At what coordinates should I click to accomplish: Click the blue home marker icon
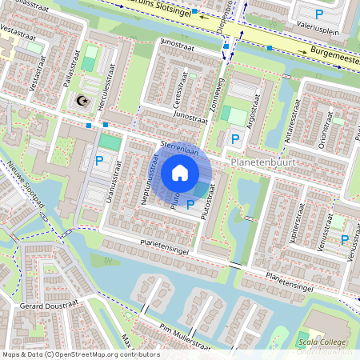coord(180,172)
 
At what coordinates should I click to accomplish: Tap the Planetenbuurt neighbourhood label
coord(262,162)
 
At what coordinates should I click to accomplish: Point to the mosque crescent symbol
coord(80,101)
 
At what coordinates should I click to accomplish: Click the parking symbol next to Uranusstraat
coord(99,161)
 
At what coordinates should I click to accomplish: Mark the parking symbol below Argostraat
coord(235,140)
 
